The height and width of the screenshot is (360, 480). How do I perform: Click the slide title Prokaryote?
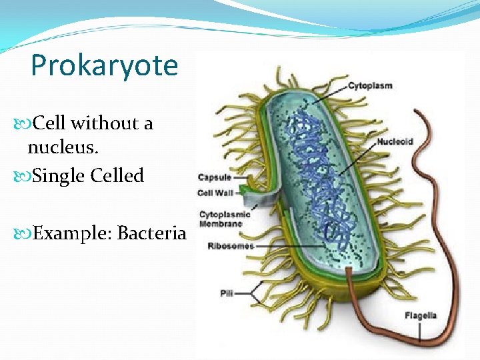click(x=105, y=66)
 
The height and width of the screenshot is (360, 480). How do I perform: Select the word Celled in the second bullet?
click(x=117, y=176)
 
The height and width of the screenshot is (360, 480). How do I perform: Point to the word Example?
click(x=71, y=233)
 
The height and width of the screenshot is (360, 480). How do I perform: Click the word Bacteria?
click(x=151, y=233)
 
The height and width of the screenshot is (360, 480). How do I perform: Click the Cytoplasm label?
click(x=370, y=86)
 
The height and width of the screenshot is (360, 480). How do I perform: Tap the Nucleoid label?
click(x=395, y=141)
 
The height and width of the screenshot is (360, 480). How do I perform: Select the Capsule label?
click(x=215, y=177)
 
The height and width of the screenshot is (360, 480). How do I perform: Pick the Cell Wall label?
click(x=215, y=193)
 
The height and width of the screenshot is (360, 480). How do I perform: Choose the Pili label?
click(x=227, y=293)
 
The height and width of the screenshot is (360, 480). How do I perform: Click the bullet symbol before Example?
click(x=26, y=234)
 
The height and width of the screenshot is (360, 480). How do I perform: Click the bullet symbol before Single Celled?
click(x=26, y=177)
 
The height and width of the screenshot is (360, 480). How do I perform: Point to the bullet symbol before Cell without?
click(x=26, y=124)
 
